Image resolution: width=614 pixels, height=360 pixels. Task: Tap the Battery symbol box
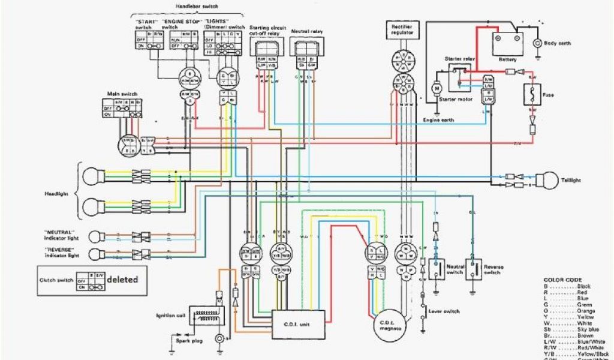(508, 44)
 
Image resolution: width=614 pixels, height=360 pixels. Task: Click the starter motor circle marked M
(437, 88)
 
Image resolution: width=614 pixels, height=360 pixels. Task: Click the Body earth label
(557, 43)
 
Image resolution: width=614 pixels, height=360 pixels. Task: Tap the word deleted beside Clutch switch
(122, 279)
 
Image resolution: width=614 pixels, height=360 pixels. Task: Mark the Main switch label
(122, 94)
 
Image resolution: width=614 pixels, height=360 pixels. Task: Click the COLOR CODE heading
(561, 280)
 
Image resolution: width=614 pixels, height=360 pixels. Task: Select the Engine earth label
(438, 120)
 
